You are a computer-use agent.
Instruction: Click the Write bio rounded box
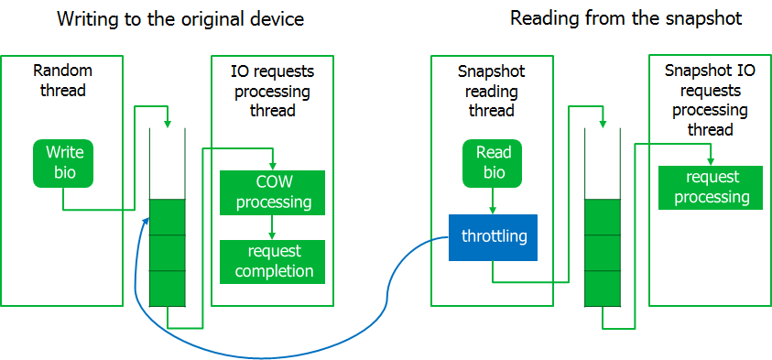63,163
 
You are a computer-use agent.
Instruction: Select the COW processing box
272,192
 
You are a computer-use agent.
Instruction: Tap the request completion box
272,261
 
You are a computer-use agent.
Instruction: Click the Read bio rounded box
493,163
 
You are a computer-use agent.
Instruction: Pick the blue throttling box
493,237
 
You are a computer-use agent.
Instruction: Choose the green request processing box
711,188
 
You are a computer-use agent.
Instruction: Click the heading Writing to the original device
180,18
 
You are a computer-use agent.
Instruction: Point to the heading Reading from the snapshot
625,18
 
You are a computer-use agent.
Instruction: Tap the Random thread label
62,81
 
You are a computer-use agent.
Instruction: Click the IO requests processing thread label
272,91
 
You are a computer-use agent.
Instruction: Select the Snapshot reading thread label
492,91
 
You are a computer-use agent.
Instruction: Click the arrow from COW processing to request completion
272,227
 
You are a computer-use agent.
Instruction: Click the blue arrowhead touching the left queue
146,221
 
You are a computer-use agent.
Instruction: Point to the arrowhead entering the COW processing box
272,167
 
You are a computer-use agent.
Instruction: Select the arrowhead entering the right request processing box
711,161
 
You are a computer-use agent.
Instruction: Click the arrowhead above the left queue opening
168,123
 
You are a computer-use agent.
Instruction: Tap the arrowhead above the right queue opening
603,124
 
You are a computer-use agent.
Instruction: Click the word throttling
495,237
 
